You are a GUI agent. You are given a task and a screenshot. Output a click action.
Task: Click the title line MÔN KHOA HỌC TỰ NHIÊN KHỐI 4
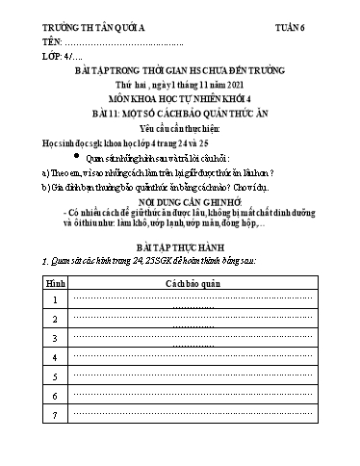[x=179, y=99]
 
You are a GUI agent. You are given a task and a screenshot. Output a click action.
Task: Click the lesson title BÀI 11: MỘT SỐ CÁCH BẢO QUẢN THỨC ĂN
[x=179, y=114]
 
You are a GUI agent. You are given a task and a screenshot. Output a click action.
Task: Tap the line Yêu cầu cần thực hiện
[x=179, y=127]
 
